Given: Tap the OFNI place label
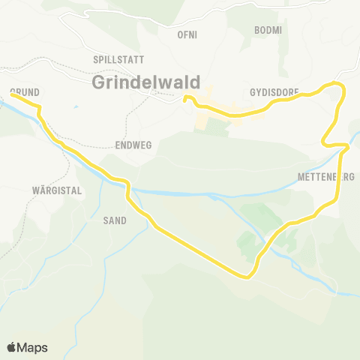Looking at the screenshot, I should pos(187,34).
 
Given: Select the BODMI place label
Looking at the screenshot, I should pos(268,29).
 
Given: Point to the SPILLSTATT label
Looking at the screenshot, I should pos(118,58).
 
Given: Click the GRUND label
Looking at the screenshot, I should pos(25,92).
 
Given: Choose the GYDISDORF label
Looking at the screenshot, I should pos(274,92).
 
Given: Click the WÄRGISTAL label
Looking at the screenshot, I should pos(57,190).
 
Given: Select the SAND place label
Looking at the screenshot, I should pos(115,220).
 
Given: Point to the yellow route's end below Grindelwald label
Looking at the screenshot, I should pos(184,97).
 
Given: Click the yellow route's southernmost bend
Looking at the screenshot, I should pos(246,276).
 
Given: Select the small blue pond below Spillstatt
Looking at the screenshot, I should pos(76,106).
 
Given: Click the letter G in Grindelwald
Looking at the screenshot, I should pos(100,82).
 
